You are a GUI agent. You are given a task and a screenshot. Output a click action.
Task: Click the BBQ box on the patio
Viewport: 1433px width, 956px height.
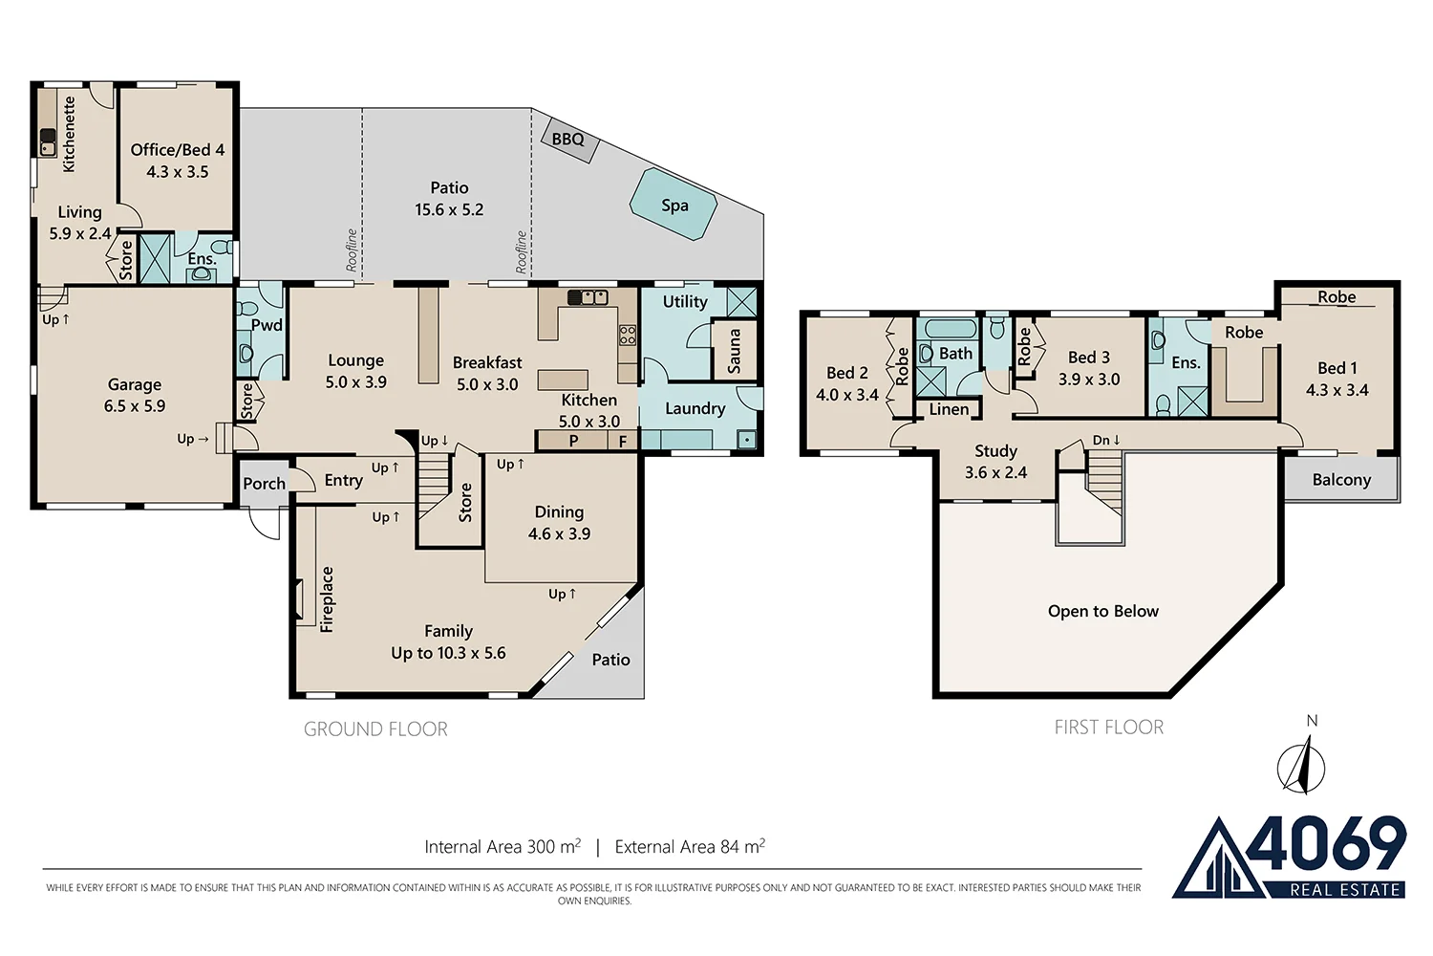point(568,141)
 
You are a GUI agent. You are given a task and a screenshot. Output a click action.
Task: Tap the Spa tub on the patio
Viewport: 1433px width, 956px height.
point(674,205)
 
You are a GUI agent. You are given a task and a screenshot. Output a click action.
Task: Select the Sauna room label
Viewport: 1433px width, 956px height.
point(735,352)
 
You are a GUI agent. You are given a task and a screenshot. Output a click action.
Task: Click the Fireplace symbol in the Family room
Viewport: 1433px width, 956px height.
point(299,599)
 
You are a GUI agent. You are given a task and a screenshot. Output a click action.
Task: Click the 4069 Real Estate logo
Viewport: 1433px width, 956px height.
point(1289,858)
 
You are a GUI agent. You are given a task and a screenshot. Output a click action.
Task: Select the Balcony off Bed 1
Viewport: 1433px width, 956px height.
point(1341,479)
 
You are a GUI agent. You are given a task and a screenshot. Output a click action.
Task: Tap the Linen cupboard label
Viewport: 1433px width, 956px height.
point(949,409)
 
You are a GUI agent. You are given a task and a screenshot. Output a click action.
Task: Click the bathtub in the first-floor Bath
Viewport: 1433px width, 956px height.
point(950,330)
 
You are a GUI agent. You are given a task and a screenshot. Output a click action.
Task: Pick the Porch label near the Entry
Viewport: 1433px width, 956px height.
point(265,484)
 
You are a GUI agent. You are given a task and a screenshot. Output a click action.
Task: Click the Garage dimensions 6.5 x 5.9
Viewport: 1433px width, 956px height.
point(135,406)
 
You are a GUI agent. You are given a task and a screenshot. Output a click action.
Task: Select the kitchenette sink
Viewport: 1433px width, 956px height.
point(48,141)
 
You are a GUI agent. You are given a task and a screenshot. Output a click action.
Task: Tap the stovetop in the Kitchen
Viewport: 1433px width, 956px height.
point(628,335)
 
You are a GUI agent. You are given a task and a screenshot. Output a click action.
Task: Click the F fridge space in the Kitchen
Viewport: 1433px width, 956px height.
point(623,441)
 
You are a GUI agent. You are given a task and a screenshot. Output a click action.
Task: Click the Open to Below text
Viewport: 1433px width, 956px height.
point(1102,611)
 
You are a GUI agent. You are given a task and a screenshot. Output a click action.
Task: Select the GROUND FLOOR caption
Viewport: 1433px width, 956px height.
point(375,728)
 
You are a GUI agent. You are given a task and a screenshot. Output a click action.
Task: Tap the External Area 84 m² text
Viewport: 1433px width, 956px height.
point(690,846)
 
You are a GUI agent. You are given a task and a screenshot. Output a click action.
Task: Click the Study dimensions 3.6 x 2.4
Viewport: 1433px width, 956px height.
point(995,472)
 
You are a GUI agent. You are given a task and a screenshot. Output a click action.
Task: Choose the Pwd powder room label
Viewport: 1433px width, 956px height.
point(267,325)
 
